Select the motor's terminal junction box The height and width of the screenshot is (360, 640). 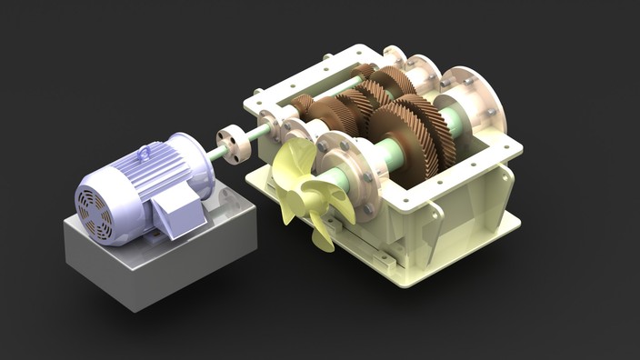[x=178, y=215]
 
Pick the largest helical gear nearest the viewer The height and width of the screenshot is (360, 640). [x=408, y=137]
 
